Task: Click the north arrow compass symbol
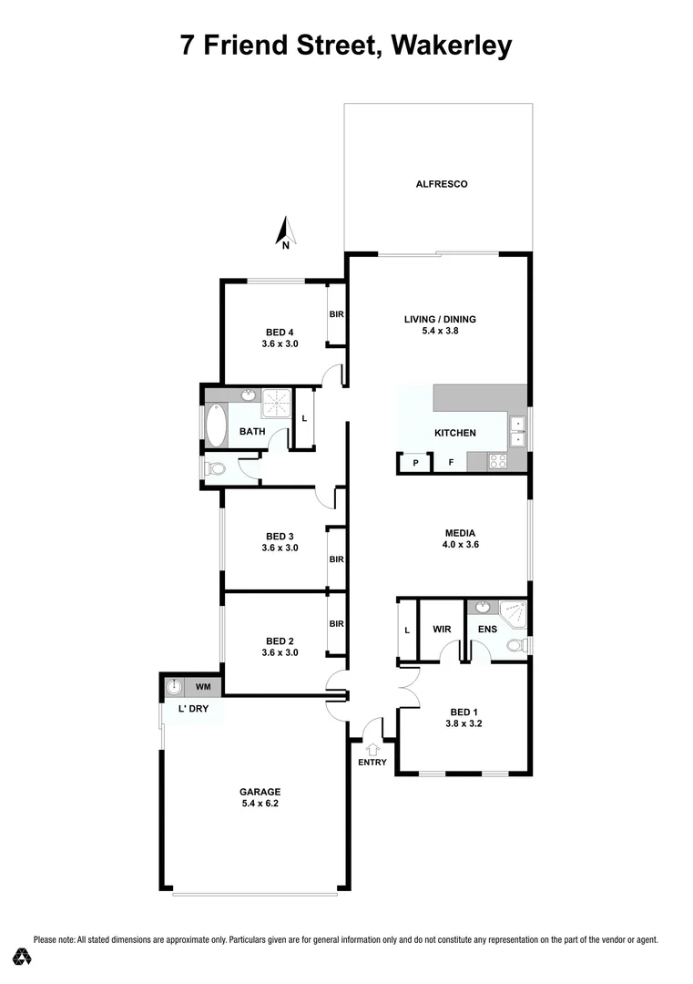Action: click(x=285, y=233)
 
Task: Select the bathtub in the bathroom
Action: click(x=216, y=425)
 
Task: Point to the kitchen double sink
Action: click(x=516, y=431)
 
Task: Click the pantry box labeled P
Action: click(x=415, y=463)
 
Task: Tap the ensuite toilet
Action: click(x=516, y=645)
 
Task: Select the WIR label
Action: click(x=443, y=629)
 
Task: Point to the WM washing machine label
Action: click(x=203, y=686)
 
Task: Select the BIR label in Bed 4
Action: click(x=336, y=314)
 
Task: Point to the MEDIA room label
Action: click(x=461, y=533)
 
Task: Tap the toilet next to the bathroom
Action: click(x=215, y=468)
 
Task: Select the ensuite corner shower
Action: click(x=513, y=613)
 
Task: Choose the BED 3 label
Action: click(x=280, y=536)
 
